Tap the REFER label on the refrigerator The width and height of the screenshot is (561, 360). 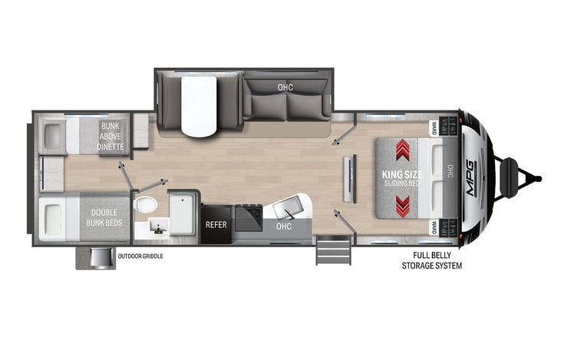tap(216, 225)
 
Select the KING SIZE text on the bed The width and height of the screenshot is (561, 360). tap(402, 175)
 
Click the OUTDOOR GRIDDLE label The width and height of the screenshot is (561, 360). tap(140, 256)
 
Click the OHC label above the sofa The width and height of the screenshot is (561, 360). tap(285, 87)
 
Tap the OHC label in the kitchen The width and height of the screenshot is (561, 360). tap(284, 226)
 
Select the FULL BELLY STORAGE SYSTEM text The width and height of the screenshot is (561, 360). tap(432, 261)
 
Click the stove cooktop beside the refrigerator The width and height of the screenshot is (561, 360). tap(249, 217)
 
